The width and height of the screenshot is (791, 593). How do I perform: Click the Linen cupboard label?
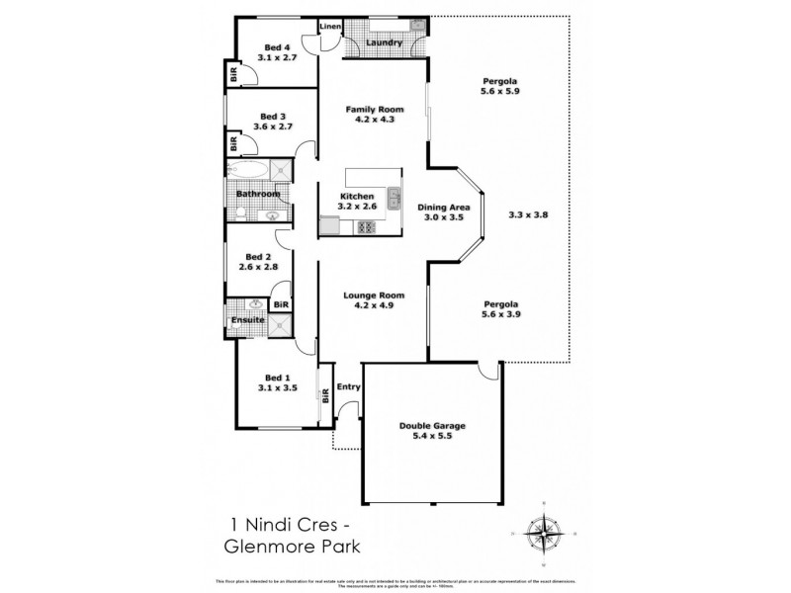(329, 27)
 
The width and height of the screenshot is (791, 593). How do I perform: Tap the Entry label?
(348, 386)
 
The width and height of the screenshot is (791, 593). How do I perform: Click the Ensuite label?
(247, 320)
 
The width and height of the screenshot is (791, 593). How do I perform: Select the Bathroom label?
(256, 194)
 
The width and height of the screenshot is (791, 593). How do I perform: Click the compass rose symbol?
(542, 534)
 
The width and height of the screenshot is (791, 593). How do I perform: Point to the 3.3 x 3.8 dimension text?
(527, 213)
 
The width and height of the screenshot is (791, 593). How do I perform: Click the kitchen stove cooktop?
(366, 227)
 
